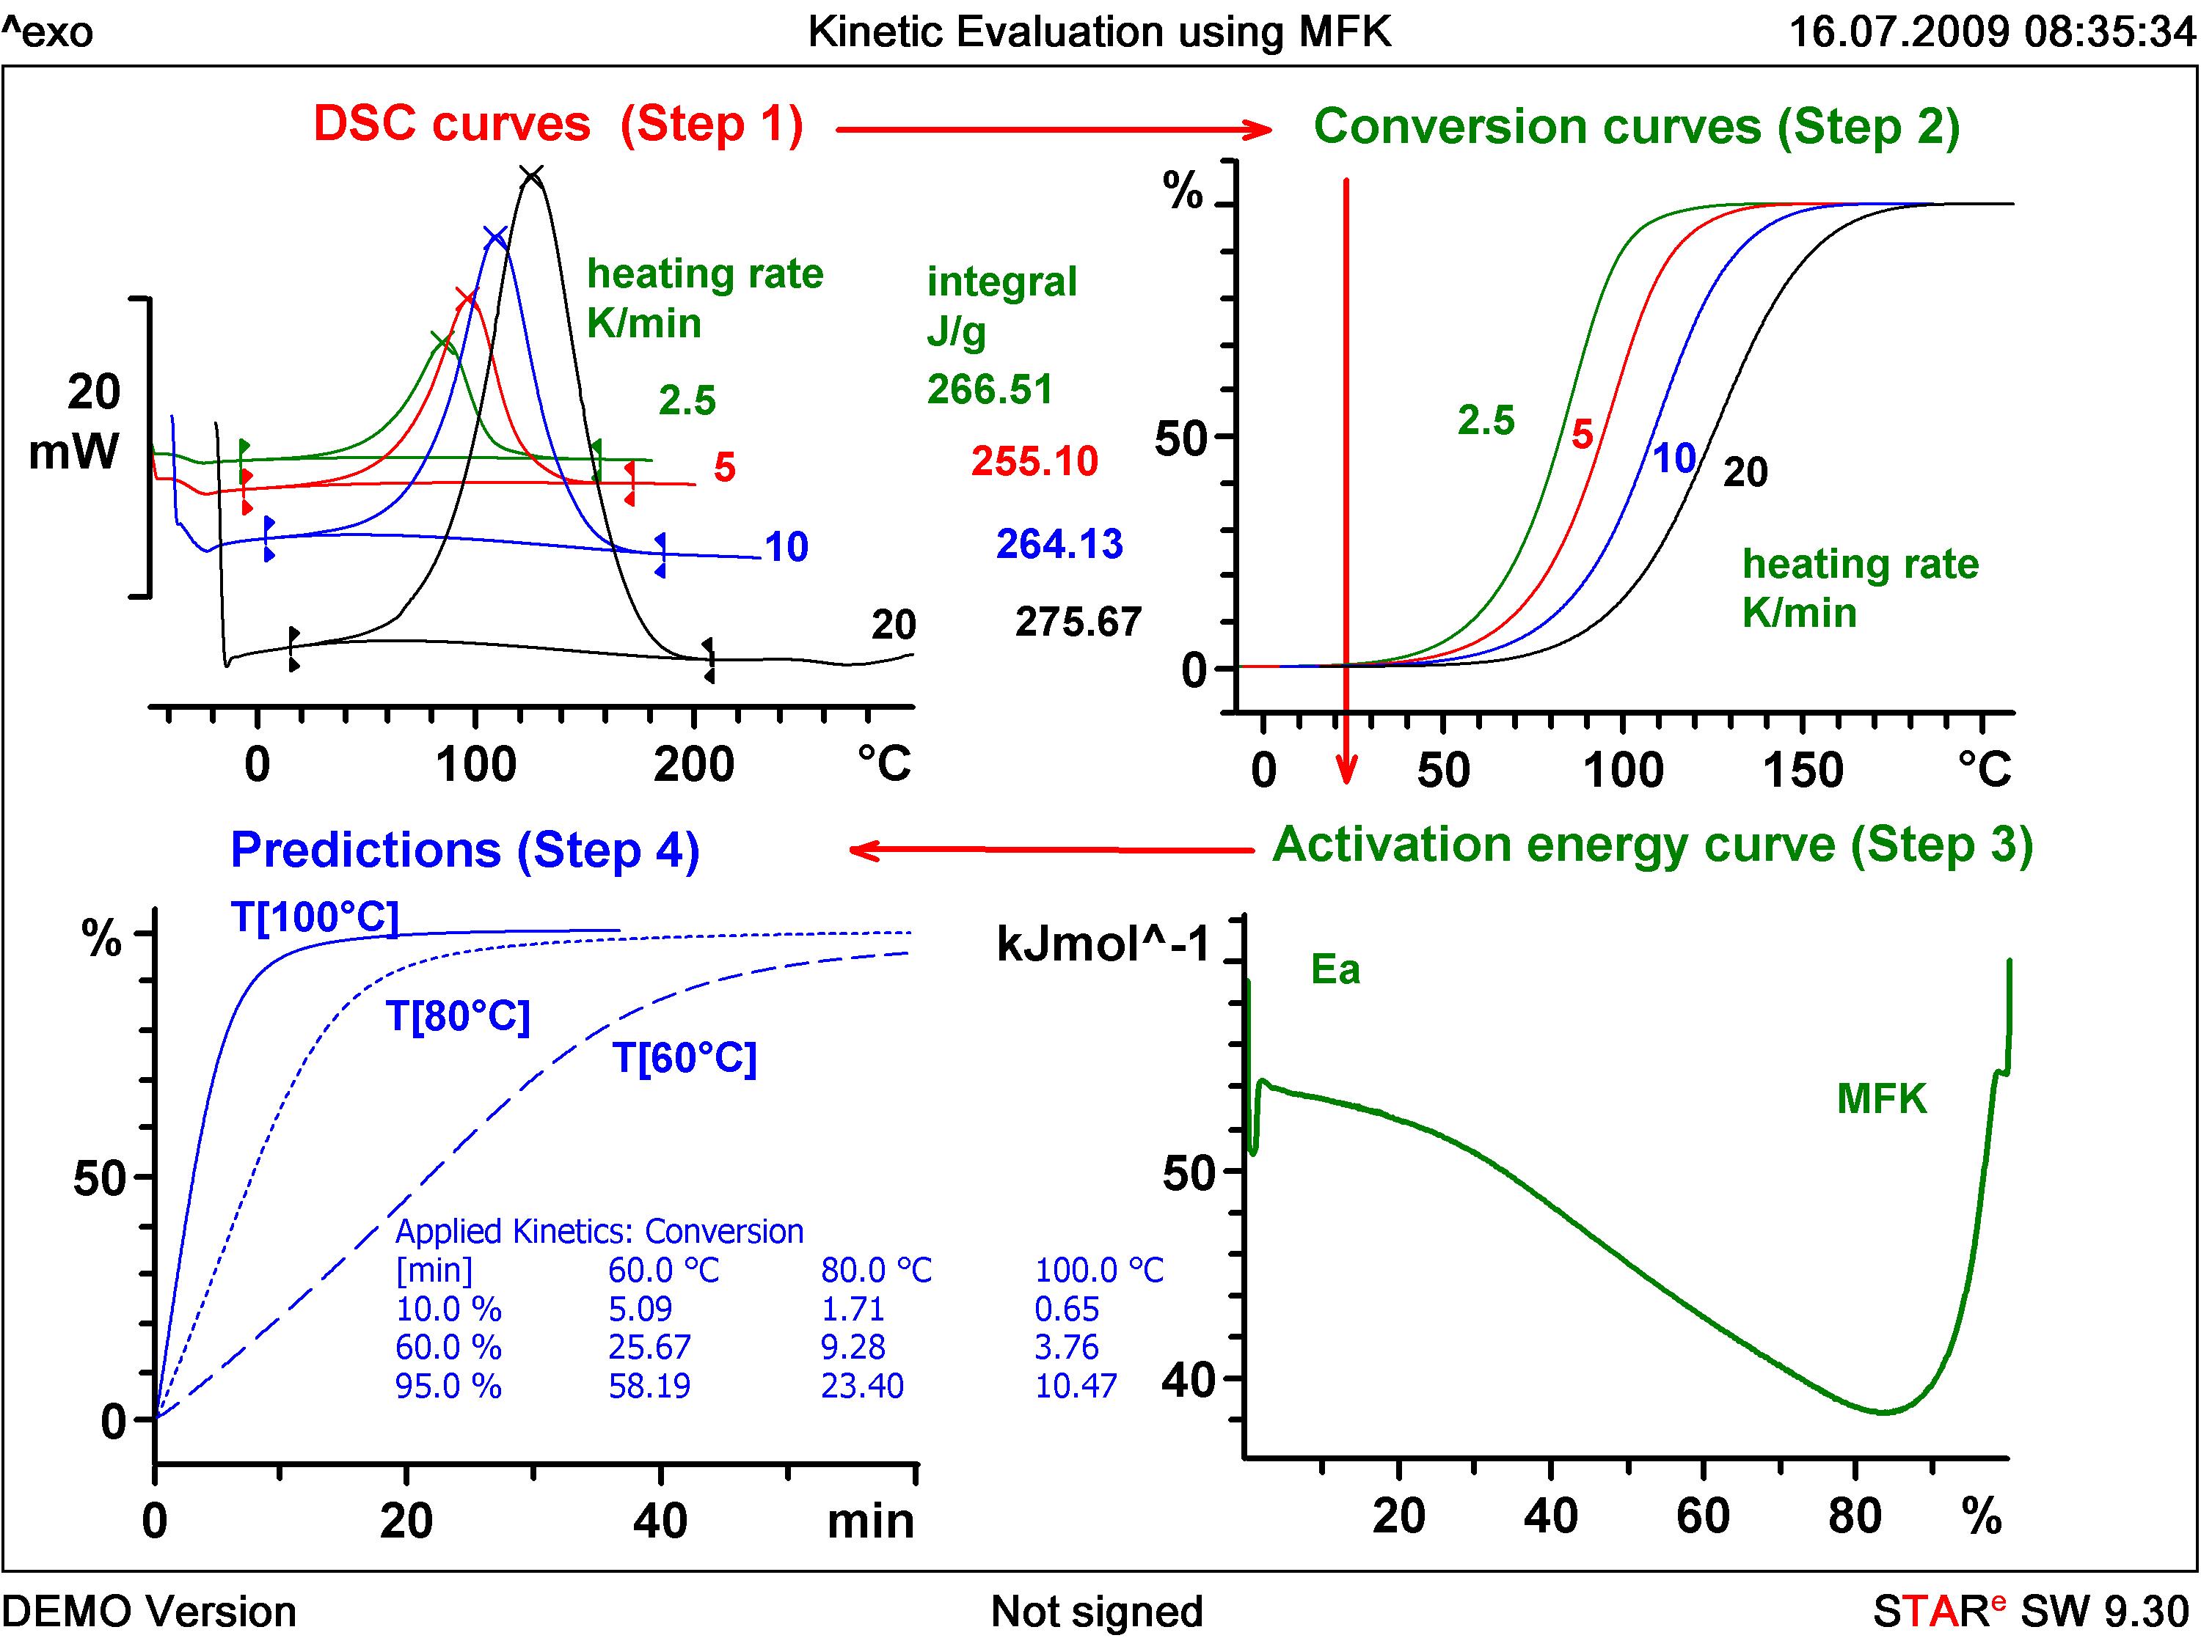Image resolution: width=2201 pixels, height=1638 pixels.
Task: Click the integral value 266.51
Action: coord(990,389)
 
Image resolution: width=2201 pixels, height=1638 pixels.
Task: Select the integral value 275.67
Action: coord(1078,622)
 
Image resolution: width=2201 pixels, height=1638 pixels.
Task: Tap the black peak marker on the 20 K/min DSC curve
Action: coord(532,177)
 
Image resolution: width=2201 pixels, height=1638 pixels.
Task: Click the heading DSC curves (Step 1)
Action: coord(558,125)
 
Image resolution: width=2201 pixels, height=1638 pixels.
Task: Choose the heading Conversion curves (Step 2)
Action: coord(1637,127)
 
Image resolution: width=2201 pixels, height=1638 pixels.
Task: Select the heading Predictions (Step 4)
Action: coord(465,851)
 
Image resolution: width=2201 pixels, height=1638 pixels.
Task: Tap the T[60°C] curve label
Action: coord(685,1058)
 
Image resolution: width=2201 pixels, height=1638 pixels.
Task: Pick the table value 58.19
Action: coord(650,1385)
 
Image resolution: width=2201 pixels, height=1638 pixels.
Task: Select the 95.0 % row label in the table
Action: coord(448,1385)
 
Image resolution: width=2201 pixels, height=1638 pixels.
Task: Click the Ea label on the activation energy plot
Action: coord(1335,970)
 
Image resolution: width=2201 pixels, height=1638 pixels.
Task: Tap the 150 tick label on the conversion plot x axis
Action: coord(1803,771)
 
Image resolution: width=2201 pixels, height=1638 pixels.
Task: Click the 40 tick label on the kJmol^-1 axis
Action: coord(1189,1380)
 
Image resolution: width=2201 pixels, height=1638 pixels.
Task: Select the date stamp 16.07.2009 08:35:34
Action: coord(1992,32)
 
